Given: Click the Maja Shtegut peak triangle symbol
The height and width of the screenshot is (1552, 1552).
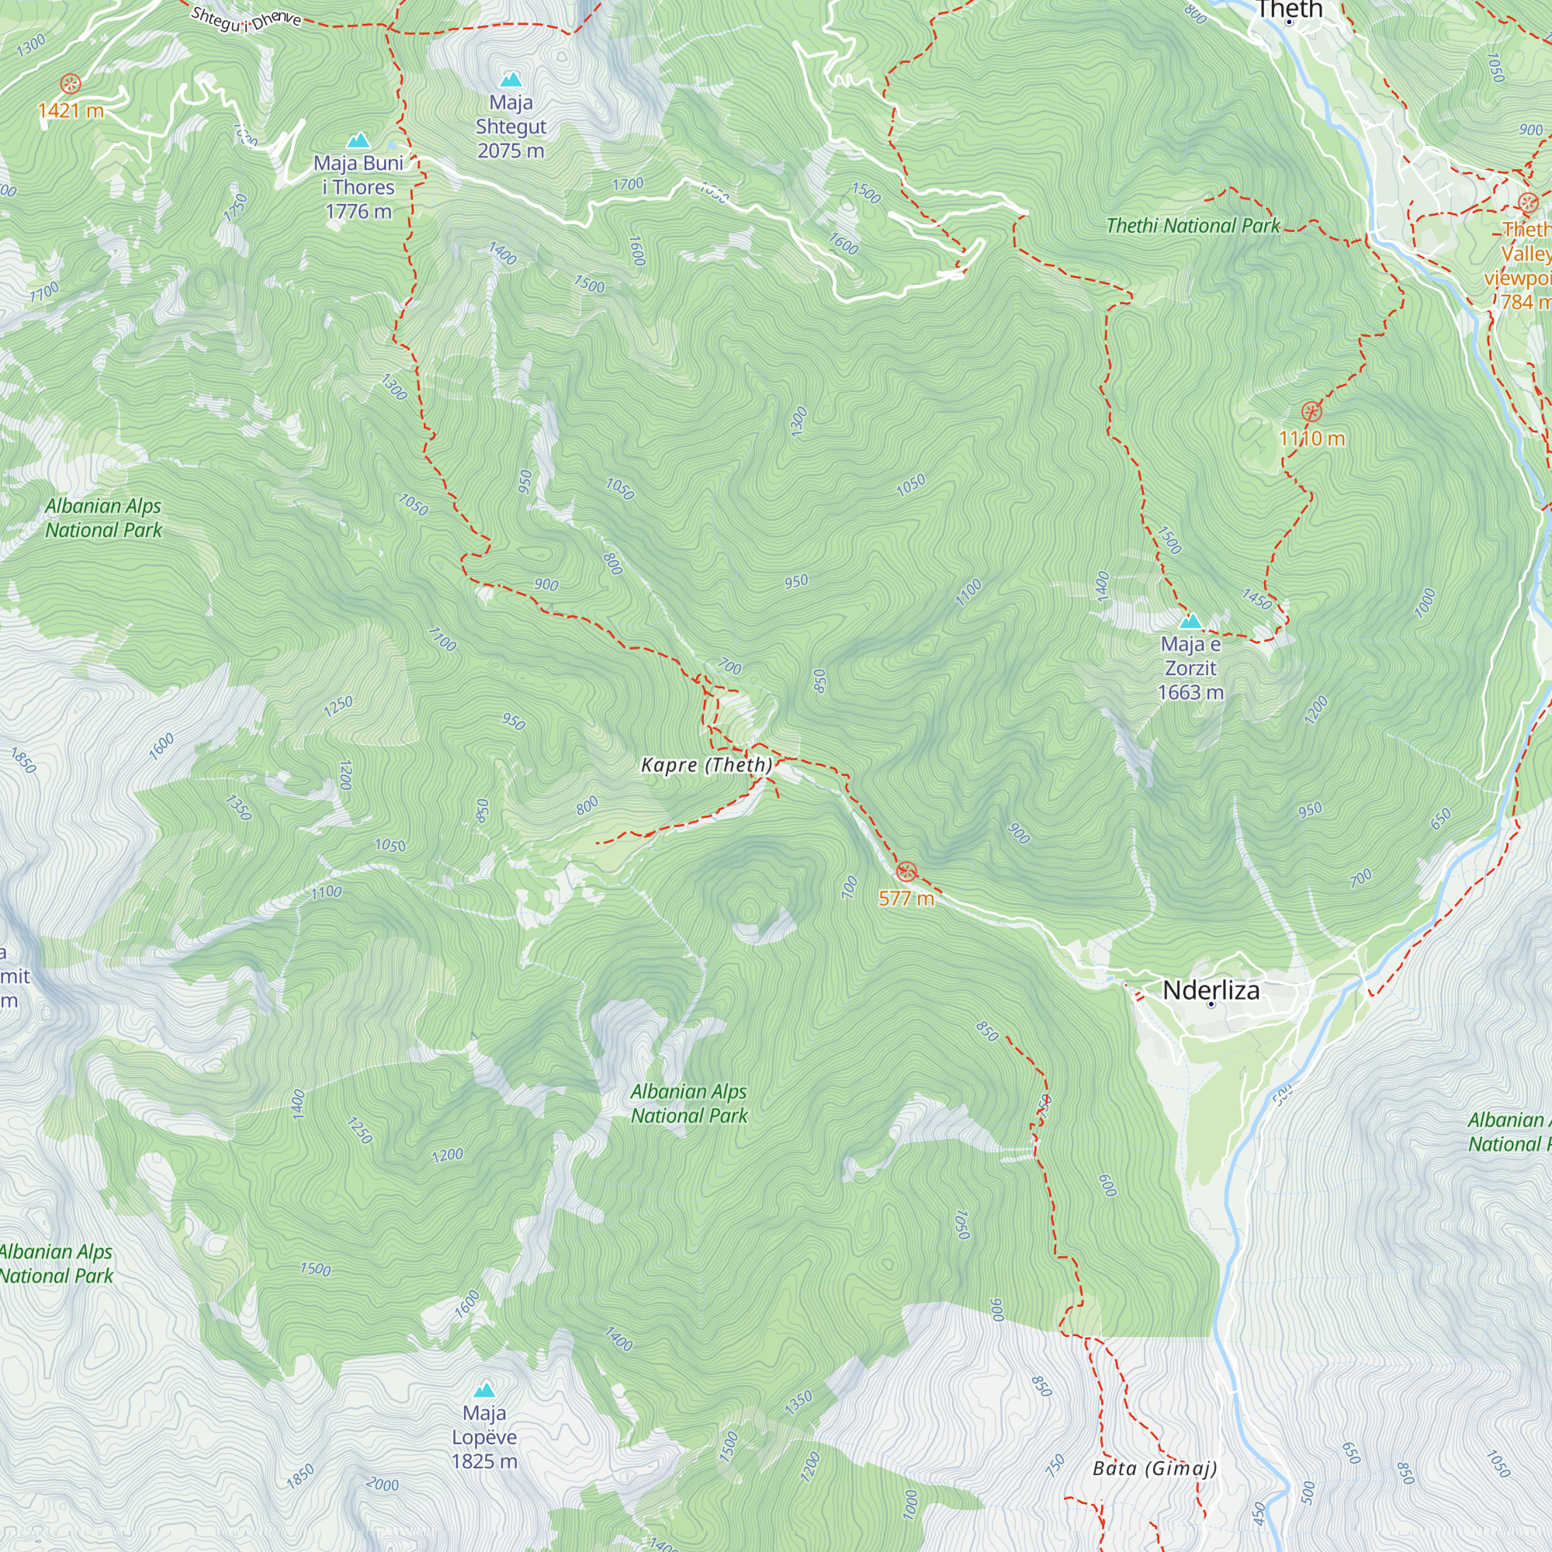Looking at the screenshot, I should (x=511, y=79).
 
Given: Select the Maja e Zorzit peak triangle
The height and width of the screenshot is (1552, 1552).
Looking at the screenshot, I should (x=1190, y=621).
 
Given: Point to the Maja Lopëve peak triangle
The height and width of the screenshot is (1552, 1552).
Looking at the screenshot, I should (x=483, y=1390).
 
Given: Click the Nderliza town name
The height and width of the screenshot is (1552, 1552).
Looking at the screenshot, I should (x=1211, y=989).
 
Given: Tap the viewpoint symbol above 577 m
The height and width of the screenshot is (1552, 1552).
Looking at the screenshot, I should (x=906, y=871).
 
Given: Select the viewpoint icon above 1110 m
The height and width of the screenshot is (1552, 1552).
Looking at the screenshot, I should (x=1311, y=413).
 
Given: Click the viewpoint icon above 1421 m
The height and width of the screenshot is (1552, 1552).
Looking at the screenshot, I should (x=71, y=84).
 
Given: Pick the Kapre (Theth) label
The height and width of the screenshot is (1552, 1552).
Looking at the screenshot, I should (x=706, y=765).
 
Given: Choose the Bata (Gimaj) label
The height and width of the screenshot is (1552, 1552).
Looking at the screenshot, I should (x=1155, y=1469).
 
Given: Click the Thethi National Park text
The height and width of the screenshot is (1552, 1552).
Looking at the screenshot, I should (x=1193, y=226).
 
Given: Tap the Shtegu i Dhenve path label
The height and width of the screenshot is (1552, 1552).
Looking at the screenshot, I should (x=246, y=19).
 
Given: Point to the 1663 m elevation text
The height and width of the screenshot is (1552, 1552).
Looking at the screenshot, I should (x=1190, y=692).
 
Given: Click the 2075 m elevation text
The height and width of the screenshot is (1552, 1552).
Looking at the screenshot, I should (x=511, y=151).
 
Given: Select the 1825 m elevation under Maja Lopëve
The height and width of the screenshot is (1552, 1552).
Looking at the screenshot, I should (x=483, y=1461).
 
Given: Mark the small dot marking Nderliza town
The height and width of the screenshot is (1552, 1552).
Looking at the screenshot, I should (x=1211, y=1004).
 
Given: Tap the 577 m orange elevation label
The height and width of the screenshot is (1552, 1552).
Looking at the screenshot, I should (x=906, y=898).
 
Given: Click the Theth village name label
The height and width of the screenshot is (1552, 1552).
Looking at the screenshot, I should (x=1288, y=9).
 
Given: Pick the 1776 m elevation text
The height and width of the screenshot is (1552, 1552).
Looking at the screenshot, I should (x=359, y=212).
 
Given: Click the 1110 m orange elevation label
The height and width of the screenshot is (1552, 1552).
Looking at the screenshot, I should (x=1311, y=438).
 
